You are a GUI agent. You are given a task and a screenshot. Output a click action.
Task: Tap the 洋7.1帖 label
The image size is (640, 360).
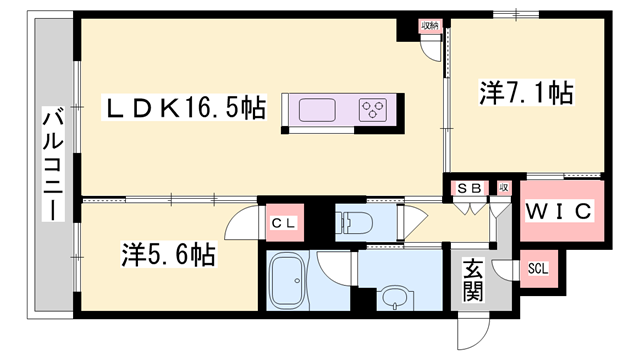pyautogui.click(x=526, y=95)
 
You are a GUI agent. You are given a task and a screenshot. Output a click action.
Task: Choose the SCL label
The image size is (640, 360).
pyautogui.click(x=537, y=269)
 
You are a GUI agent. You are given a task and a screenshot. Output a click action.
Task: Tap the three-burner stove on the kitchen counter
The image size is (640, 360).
pyautogui.click(x=375, y=109)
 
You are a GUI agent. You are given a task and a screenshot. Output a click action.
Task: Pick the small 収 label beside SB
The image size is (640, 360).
pyautogui.click(x=504, y=187)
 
